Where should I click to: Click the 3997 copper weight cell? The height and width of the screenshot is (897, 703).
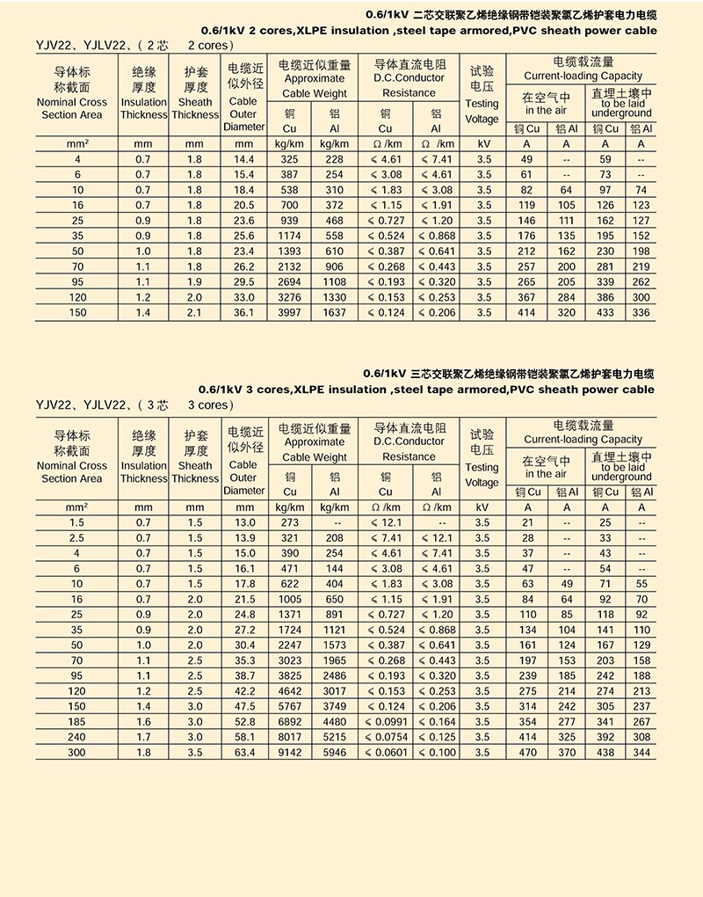click(x=290, y=312)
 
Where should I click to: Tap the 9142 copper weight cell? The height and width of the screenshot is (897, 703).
click(x=290, y=753)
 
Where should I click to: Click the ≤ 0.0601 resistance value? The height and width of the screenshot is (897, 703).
click(x=386, y=753)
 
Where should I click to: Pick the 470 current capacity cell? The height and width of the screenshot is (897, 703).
click(x=527, y=753)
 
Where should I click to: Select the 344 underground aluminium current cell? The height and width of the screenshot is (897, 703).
click(x=641, y=753)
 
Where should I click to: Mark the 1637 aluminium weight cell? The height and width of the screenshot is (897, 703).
click(x=334, y=312)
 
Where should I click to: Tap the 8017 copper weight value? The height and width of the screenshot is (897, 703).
click(x=290, y=738)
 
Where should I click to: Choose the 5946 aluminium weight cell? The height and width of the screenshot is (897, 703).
click(x=334, y=753)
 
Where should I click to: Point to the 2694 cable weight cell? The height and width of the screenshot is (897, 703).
click(x=290, y=281)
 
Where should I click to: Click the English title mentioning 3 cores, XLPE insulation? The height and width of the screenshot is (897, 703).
click(x=427, y=389)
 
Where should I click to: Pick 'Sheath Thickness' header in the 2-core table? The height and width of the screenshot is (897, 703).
click(x=195, y=108)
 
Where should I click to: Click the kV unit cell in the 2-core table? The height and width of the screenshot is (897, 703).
click(x=482, y=143)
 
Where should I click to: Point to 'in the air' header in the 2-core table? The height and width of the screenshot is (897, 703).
click(x=547, y=110)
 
